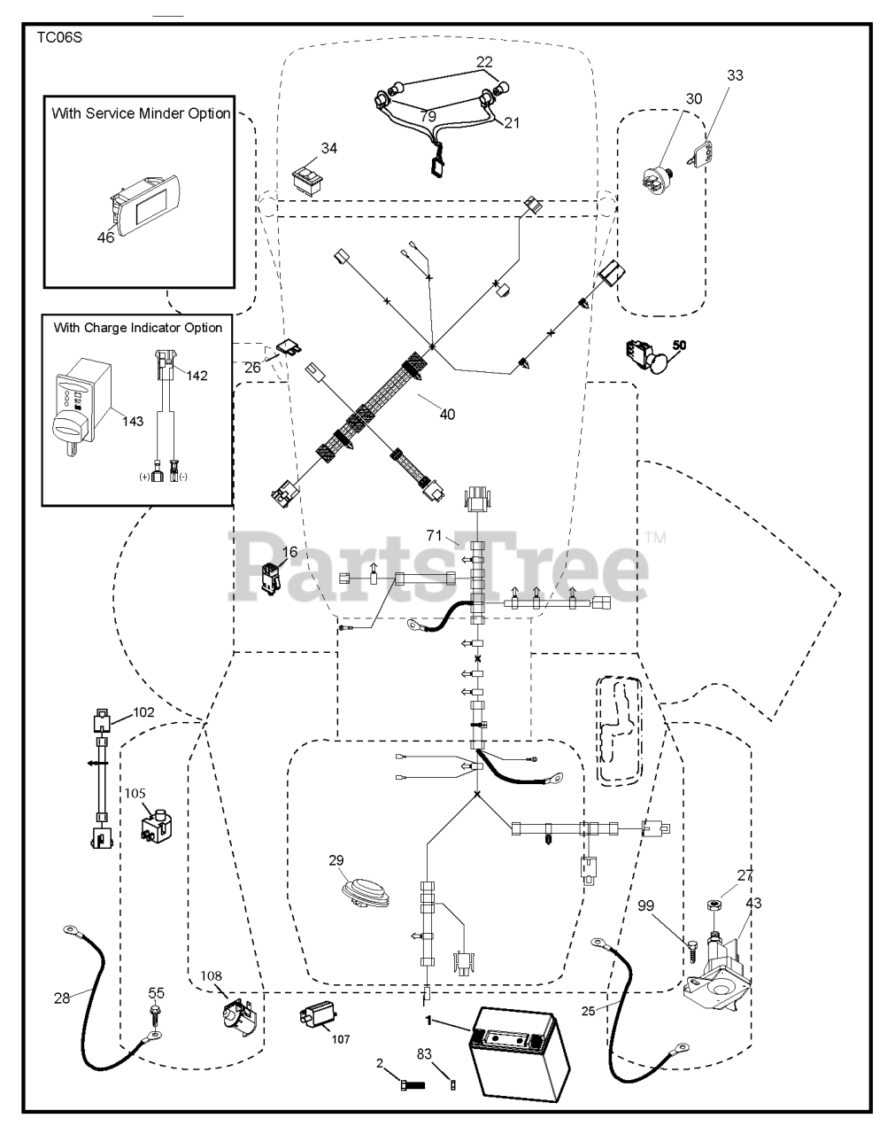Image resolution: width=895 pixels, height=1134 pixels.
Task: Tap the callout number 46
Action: [x=105, y=237]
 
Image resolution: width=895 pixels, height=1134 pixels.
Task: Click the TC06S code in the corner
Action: [x=59, y=38]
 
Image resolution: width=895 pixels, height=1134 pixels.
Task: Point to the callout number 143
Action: [x=133, y=421]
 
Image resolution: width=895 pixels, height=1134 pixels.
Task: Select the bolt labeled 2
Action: [x=413, y=1085]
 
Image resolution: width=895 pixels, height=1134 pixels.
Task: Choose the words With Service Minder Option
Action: [x=141, y=113]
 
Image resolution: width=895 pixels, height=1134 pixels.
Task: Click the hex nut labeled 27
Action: [x=714, y=905]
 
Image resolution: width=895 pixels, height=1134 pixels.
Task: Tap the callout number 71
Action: [x=434, y=535]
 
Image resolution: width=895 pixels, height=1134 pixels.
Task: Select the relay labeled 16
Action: [x=271, y=579]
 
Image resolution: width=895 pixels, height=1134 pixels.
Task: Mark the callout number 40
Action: [x=447, y=415]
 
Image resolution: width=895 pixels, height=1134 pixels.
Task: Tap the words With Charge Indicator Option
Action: [x=138, y=328]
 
